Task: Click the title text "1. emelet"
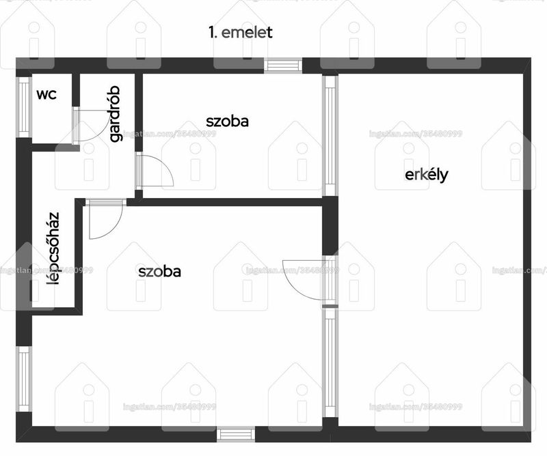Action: point(241,32)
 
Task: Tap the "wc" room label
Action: point(46,94)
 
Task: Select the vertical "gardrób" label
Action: point(115,114)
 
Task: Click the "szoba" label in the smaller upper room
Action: point(227,122)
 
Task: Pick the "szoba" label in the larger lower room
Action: point(159,272)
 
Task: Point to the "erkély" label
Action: point(426,175)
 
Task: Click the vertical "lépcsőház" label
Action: point(53,248)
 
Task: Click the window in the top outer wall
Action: point(283,66)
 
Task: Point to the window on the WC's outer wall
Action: point(24,107)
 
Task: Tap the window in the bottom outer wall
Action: point(236,435)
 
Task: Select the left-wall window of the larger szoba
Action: point(24,379)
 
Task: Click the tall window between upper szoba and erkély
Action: point(330,136)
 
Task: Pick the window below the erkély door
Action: point(330,362)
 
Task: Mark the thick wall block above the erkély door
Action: point(330,226)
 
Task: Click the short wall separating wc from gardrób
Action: point(76,90)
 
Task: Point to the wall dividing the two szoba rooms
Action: point(224,202)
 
